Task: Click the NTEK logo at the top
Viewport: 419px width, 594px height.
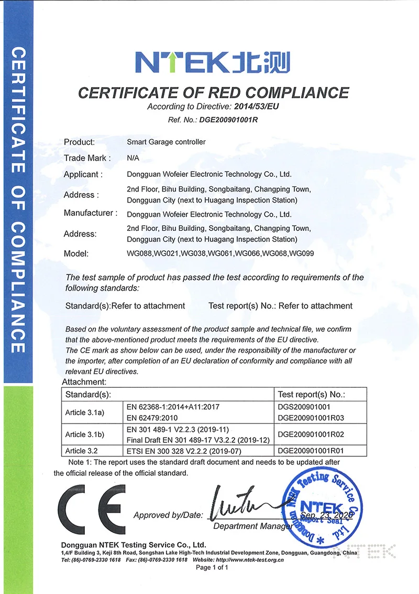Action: (212, 62)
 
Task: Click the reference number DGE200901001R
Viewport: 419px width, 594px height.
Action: (228, 120)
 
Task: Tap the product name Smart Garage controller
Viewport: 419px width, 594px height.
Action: (166, 142)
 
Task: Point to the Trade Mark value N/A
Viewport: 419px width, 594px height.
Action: (133, 157)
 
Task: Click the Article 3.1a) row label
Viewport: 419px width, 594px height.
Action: (85, 412)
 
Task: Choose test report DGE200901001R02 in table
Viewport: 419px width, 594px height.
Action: (311, 434)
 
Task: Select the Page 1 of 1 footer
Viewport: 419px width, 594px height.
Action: (212, 567)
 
